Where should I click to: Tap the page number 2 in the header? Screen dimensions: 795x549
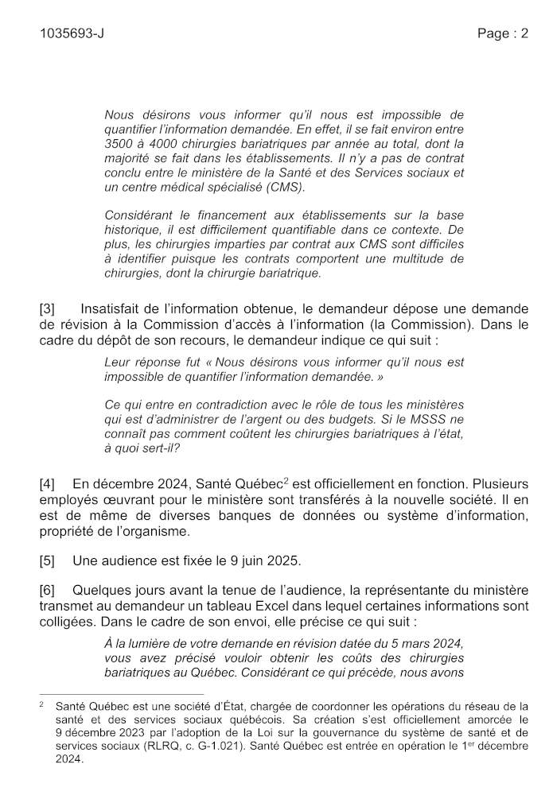click(x=524, y=33)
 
